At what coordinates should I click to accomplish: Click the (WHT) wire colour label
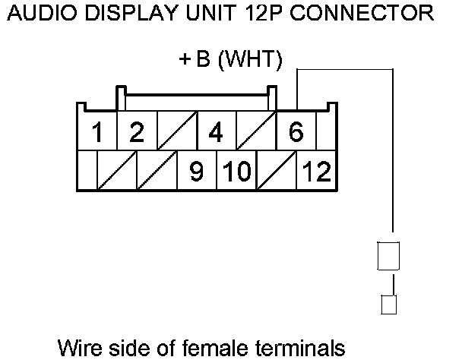click(250, 60)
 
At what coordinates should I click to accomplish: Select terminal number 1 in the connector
click(97, 133)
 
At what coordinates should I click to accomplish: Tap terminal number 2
click(136, 133)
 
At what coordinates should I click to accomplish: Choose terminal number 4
click(216, 133)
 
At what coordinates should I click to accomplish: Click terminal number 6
click(296, 133)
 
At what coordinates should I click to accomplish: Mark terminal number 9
click(195, 172)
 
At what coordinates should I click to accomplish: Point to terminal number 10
click(236, 172)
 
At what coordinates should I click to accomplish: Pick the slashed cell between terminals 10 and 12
click(276, 171)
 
